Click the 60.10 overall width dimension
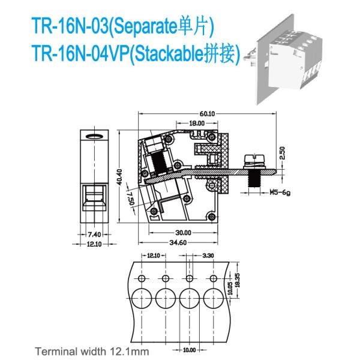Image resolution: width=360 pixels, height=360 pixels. point(207,113)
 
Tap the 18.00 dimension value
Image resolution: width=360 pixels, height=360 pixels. point(197,123)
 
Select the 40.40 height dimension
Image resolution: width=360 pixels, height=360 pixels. point(119,177)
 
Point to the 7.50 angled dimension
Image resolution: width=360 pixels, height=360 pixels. point(131,198)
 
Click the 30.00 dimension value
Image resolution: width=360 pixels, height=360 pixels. point(183,233)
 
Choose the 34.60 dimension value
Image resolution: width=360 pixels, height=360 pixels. point(178,242)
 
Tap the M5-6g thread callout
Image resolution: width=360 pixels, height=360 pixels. point(280,193)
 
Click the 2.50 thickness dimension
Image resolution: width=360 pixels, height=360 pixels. point(283,153)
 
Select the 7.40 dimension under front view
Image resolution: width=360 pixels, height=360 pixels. point(94,235)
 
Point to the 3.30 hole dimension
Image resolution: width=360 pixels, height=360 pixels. point(208,256)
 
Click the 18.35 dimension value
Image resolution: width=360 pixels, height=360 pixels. point(238,280)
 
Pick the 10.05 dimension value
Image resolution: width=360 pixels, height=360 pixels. point(231,288)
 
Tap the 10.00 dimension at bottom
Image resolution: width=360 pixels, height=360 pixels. point(190,350)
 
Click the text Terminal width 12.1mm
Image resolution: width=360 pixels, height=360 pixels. point(92,351)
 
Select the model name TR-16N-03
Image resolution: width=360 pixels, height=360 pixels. point(70,26)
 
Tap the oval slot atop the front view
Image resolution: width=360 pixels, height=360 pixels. point(94,136)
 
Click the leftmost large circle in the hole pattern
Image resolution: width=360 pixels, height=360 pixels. point(142,298)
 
